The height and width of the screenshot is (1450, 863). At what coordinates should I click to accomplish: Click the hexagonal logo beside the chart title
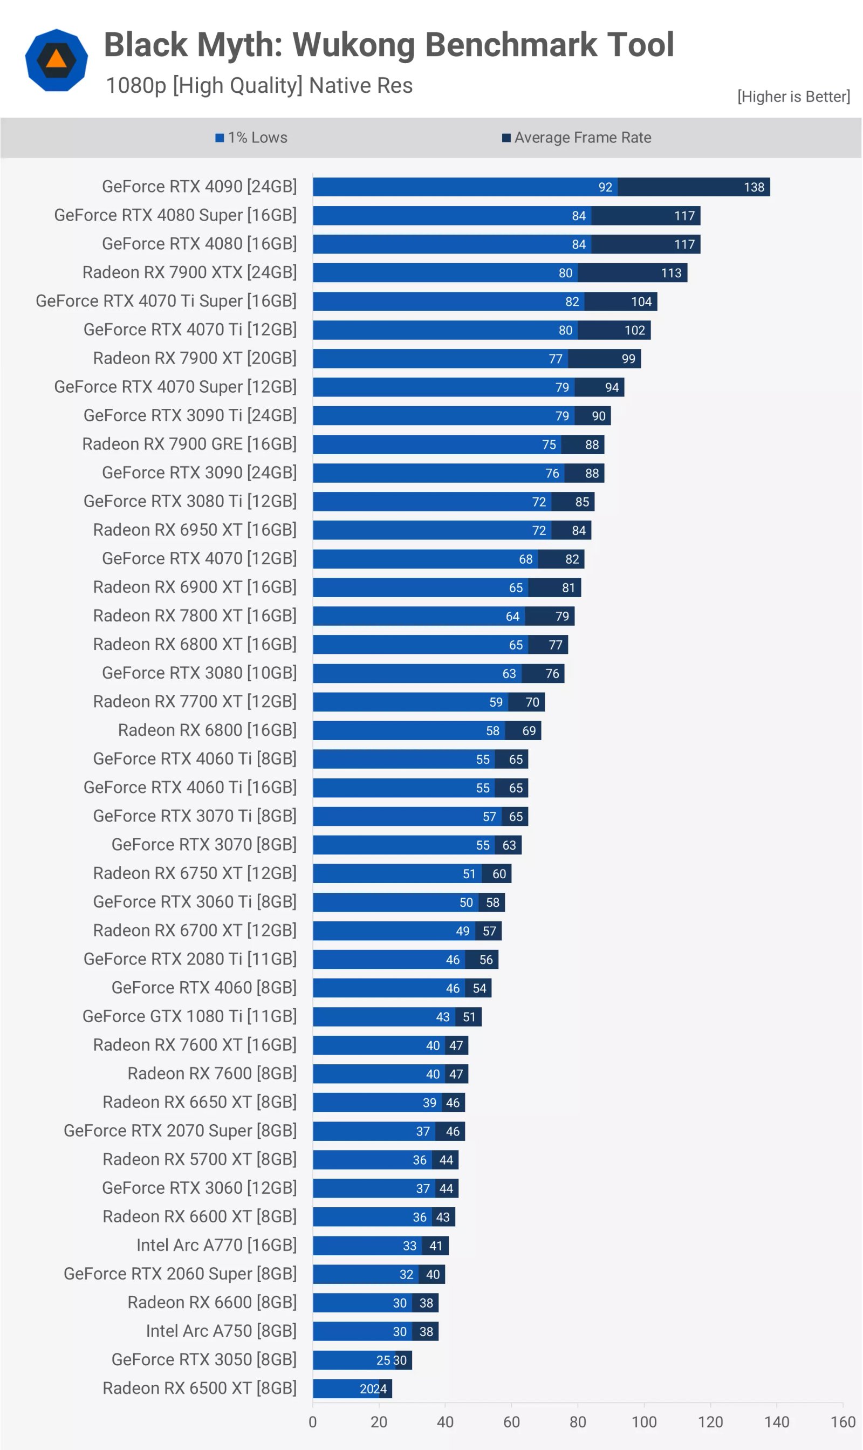[x=57, y=60]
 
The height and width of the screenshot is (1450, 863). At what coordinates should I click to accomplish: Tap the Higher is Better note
[x=793, y=97]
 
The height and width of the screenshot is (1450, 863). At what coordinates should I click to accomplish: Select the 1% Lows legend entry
[x=251, y=138]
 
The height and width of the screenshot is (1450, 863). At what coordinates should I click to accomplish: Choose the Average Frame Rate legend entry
[x=577, y=138]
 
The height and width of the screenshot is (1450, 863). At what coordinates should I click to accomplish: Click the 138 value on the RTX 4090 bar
[x=754, y=187]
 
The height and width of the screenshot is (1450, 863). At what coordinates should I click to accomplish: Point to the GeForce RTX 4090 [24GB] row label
[x=199, y=187]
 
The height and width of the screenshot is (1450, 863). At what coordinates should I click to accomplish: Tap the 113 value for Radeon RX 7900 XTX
[x=671, y=273]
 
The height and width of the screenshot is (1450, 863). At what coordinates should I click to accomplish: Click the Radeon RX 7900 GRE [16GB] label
[x=189, y=444]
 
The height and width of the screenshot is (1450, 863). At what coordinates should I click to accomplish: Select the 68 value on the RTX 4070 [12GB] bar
[x=526, y=559]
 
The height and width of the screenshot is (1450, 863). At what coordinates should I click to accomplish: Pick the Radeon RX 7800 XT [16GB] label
[x=194, y=616]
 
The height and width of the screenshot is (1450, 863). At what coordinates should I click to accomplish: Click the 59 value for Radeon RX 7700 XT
[x=496, y=702]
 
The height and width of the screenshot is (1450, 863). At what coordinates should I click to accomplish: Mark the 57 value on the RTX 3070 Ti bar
[x=489, y=817]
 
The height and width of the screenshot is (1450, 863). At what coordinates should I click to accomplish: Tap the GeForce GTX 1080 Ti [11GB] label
[x=189, y=1017]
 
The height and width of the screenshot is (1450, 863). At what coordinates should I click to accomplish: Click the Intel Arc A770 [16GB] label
[x=216, y=1245]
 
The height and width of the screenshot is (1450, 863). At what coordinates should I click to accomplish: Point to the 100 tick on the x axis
[x=644, y=1422]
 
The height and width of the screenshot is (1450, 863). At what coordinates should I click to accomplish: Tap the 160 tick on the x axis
[x=843, y=1422]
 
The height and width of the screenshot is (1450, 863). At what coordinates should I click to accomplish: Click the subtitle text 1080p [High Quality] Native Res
[x=259, y=85]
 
